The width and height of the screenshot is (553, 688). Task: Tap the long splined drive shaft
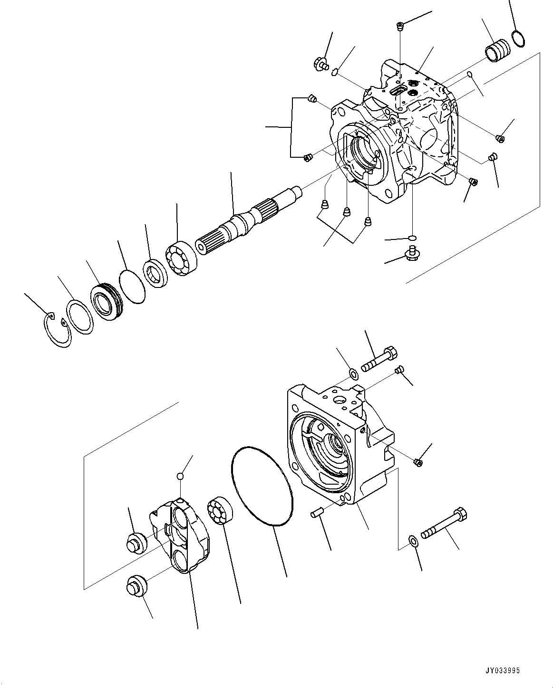[247, 219]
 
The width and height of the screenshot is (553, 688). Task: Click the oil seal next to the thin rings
[106, 303]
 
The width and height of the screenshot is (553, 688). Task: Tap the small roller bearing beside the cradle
[219, 514]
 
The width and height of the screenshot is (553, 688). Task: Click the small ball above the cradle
[180, 476]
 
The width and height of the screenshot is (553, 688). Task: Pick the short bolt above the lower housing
[379, 360]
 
